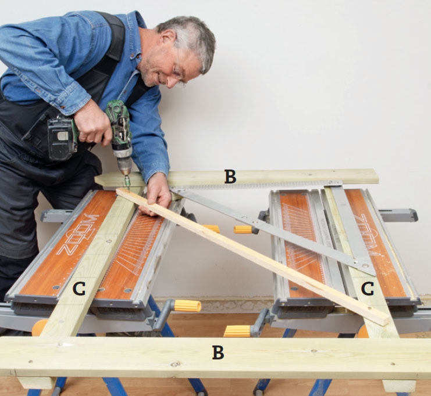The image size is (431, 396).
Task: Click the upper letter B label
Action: (230, 177)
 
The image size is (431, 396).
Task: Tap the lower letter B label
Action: (218, 352)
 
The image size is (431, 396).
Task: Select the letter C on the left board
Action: (79, 289)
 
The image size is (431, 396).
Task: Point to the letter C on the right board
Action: (368, 289)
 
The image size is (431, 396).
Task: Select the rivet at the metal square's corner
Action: (365, 265)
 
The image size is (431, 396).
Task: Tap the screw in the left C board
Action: (108, 242)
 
